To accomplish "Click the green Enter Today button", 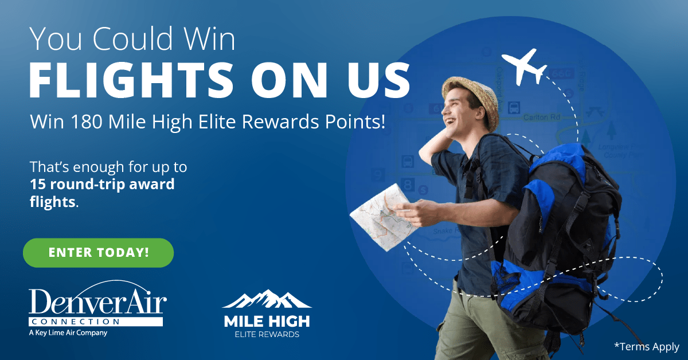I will pyautogui.click(x=98, y=253).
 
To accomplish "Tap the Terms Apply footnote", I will pyautogui.click(x=646, y=347).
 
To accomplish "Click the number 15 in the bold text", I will pyautogui.click(x=38, y=185).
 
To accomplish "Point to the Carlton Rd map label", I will pyautogui.click(x=542, y=118).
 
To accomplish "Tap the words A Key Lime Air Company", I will pyautogui.click(x=68, y=332).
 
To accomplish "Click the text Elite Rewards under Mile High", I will pyautogui.click(x=266, y=334).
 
